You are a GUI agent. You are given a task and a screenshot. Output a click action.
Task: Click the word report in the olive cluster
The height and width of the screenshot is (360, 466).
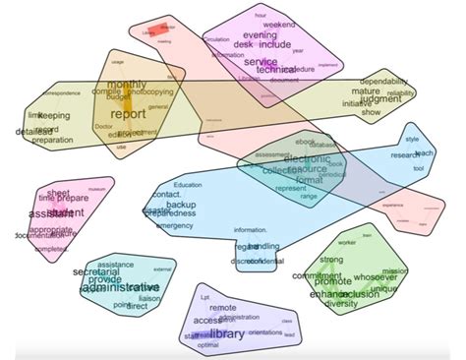click(x=128, y=113)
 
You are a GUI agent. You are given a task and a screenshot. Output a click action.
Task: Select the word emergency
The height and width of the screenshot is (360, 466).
click(x=176, y=225)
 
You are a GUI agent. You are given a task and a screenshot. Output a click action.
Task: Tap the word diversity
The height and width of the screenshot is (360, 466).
click(x=341, y=304)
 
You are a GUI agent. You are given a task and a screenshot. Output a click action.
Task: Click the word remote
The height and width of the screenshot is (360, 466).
click(x=223, y=307)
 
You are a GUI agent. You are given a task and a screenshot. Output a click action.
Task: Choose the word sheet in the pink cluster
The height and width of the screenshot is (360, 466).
click(x=58, y=195)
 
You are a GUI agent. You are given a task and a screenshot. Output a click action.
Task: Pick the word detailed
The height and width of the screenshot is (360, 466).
click(x=33, y=131)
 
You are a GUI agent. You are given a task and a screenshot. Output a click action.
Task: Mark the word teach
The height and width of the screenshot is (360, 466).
click(x=424, y=153)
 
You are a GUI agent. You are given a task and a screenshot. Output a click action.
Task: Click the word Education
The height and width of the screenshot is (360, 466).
click(x=186, y=185)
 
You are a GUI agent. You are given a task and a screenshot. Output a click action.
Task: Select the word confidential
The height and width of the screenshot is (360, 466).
click(x=259, y=262)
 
